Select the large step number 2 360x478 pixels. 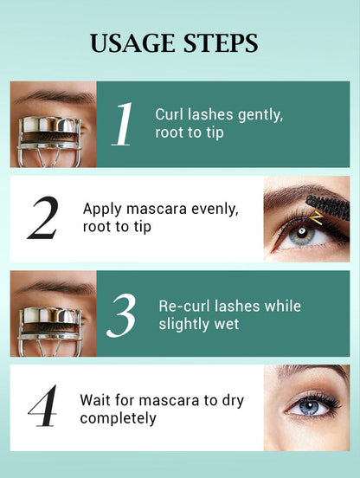pyautogui.click(x=42, y=218)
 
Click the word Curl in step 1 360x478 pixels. pyautogui.click(x=169, y=113)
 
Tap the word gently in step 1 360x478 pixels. pyautogui.click(x=256, y=114)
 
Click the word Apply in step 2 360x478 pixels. pyautogui.click(x=100, y=209)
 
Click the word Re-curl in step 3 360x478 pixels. pyautogui.click(x=183, y=306)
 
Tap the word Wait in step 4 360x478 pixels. pyautogui.click(x=94, y=400)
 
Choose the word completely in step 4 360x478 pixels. pyautogui.click(x=118, y=418)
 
